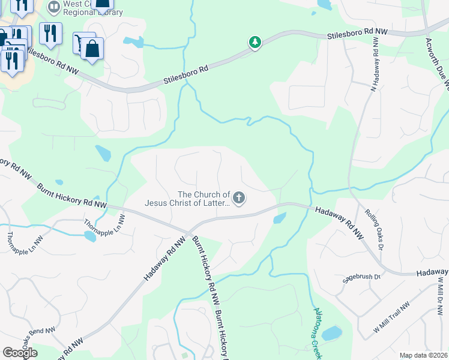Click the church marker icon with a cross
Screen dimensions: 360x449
(x=239, y=198)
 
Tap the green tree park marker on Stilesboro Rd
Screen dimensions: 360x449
(x=255, y=43)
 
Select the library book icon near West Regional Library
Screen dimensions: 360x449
(x=54, y=7)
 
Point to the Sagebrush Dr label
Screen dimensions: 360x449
(x=361, y=277)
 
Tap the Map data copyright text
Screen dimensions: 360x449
(x=423, y=355)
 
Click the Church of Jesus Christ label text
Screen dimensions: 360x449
(x=187, y=198)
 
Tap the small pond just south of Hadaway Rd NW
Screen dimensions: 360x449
(x=279, y=218)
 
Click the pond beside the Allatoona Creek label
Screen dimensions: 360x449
(x=332, y=332)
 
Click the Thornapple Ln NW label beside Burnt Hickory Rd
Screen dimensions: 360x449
(x=97, y=227)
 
